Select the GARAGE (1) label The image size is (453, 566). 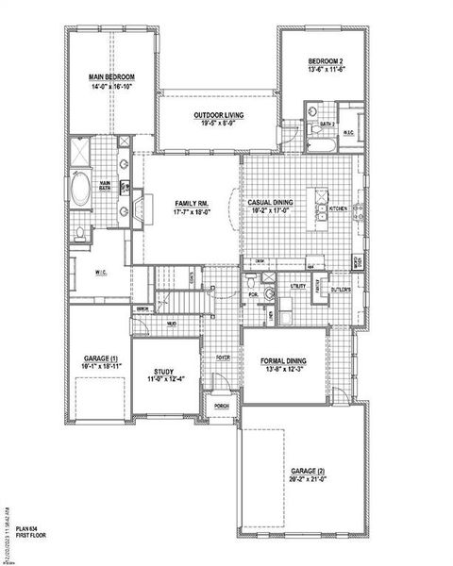101,360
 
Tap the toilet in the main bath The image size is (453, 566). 81,233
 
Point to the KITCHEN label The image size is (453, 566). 338,208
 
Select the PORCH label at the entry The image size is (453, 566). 222,408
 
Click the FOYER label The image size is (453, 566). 223,358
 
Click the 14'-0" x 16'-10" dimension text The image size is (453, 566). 112,85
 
